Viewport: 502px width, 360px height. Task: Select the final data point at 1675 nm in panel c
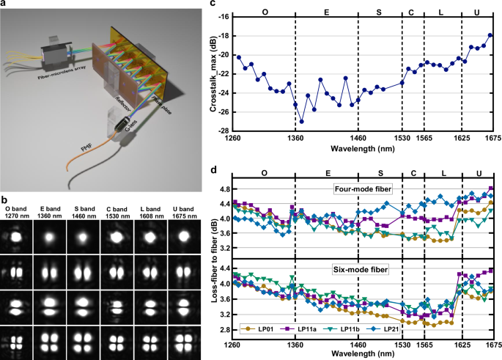tap(490, 35)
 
